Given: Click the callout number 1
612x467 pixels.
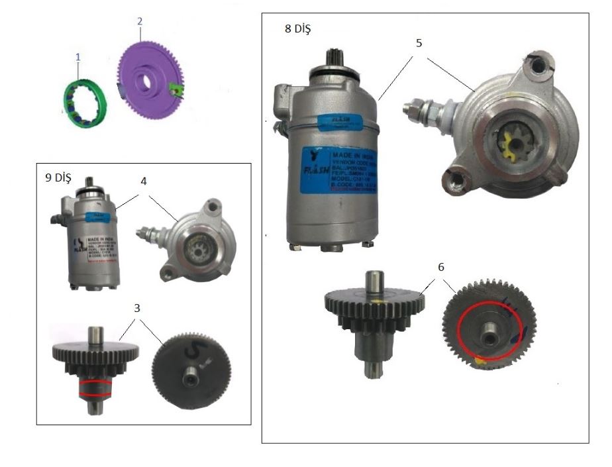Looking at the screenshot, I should click(x=78, y=58).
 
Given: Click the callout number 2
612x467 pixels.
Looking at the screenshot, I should click(x=140, y=21).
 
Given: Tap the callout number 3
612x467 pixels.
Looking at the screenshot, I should click(x=136, y=309).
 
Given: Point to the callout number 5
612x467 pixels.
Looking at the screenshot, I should click(x=419, y=43).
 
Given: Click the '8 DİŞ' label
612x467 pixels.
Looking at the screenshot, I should click(x=297, y=30).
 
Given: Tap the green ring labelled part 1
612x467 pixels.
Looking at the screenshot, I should click(x=87, y=102).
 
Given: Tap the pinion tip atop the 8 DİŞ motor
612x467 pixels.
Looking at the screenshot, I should click(x=335, y=59).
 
